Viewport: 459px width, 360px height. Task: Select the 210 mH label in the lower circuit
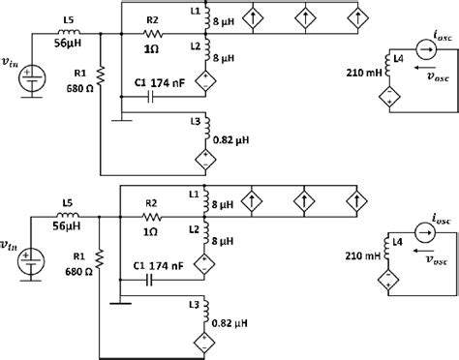pos(361,256)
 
